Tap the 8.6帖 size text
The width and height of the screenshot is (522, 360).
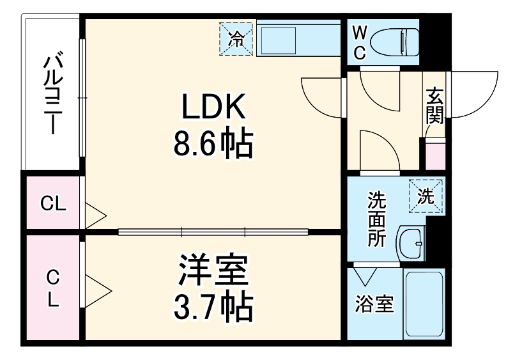coord(213,145)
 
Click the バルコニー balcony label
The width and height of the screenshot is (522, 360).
coord(52,96)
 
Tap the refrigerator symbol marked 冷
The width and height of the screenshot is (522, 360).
coord(236,39)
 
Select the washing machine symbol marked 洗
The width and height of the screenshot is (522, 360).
coord(426,196)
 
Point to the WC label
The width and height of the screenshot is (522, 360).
coord(360,42)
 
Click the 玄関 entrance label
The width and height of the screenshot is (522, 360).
coord(435,106)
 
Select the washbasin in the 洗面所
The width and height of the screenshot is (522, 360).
coord(411,244)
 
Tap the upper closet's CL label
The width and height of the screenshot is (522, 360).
coord(53,204)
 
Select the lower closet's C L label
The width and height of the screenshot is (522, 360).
coord(53,288)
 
